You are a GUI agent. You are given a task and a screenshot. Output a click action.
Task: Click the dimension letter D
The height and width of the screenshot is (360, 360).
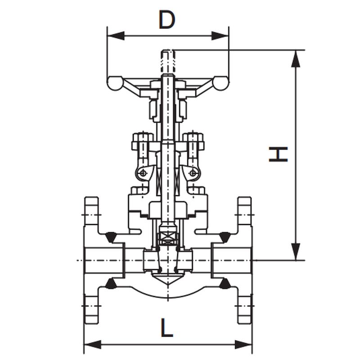tap(167, 19)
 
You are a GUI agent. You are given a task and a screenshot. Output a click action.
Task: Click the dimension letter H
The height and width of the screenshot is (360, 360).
tap(278, 154)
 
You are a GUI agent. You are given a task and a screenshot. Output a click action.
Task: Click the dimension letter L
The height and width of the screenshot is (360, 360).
tap(167, 328)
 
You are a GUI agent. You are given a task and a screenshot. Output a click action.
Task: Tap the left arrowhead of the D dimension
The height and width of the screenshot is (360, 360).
tap(116, 36)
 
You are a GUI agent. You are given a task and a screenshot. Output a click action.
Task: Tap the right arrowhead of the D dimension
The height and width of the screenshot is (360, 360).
tap(220, 36)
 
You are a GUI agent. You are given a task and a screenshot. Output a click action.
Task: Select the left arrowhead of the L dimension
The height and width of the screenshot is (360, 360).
tap(92, 345)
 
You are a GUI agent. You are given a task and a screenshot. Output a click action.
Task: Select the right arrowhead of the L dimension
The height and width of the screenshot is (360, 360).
tap(243, 345)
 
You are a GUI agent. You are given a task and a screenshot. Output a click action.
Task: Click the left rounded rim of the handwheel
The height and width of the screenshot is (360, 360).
tap(115, 83)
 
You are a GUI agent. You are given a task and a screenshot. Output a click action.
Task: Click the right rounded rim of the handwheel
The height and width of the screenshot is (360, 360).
tap(221, 83)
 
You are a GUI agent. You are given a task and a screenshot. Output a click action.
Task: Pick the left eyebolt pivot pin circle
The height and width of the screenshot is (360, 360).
tap(143, 172)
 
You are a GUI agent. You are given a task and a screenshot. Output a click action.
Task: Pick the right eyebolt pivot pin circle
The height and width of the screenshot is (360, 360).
tap(193, 172)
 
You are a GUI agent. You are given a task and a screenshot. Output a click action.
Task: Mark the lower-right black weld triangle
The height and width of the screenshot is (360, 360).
tap(225, 283)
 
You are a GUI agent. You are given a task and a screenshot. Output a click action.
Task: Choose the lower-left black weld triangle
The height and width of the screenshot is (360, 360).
tap(111, 283)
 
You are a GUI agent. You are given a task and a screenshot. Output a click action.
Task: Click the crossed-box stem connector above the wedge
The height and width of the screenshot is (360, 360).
tap(168, 239)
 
